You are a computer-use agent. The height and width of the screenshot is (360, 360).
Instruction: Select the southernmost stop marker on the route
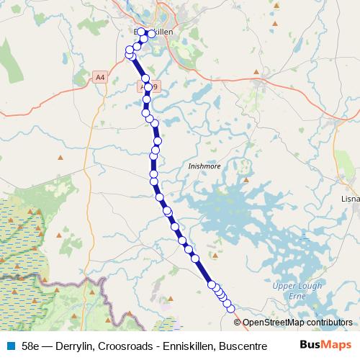(x=230, y=308)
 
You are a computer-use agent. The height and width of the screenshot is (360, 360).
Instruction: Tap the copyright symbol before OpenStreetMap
(x=238, y=323)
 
